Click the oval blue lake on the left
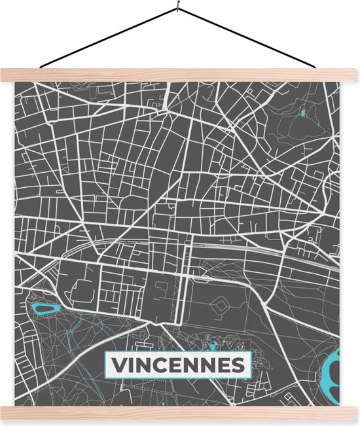click(x=46, y=307)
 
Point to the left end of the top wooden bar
click(x=16, y=74)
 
